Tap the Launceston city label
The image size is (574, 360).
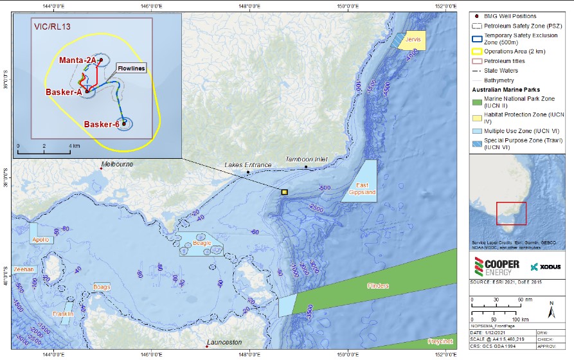[x=224, y=343]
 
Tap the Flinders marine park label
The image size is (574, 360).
[x=379, y=285]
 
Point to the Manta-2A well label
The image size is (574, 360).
[x=77, y=60]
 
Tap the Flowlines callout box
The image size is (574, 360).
[x=131, y=67]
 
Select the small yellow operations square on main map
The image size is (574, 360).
[x=284, y=192]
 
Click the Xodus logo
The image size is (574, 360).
[x=547, y=267]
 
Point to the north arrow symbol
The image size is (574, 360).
[x=552, y=311]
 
